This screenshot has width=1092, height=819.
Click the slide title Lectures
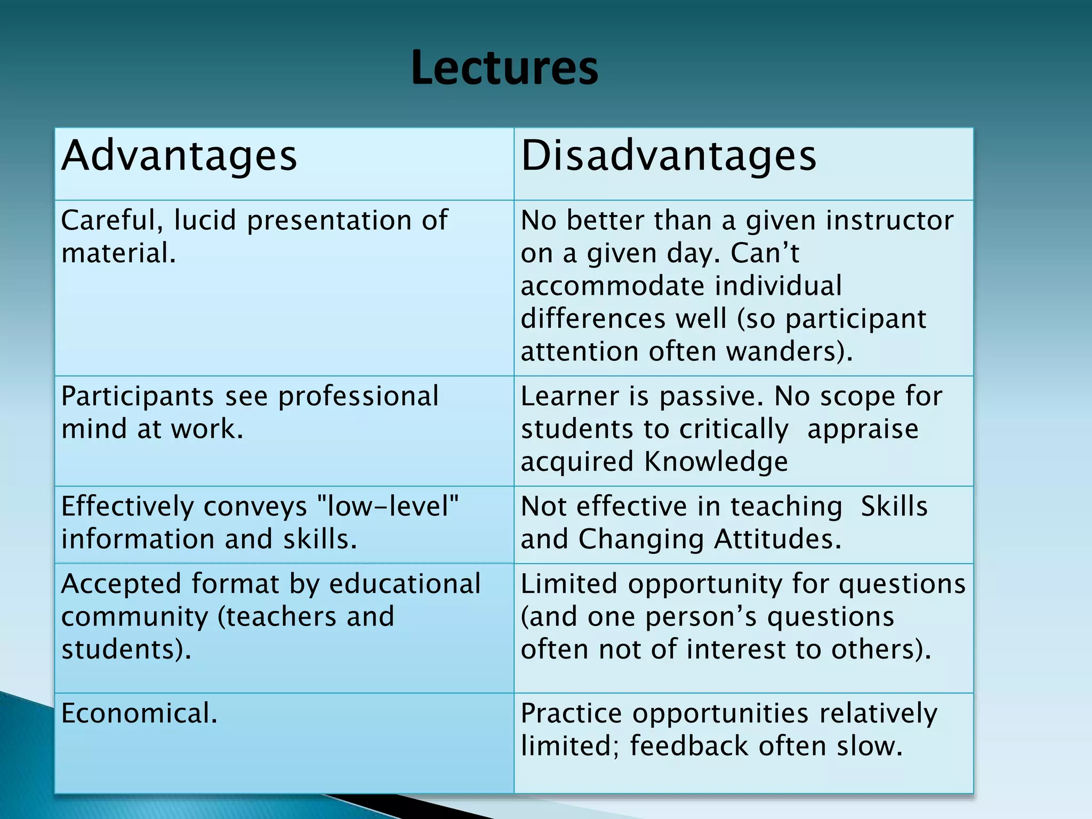(x=504, y=68)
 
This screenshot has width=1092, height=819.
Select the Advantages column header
(x=179, y=156)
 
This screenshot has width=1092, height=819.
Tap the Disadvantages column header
(x=668, y=156)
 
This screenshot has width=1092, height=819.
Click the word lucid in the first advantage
(x=205, y=220)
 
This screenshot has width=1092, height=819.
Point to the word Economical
(x=140, y=713)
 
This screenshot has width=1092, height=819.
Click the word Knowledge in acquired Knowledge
(x=716, y=462)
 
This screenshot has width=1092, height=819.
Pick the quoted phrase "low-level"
(x=388, y=506)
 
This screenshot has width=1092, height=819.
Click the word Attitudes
(x=777, y=539)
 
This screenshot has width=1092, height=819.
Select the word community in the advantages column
(x=134, y=617)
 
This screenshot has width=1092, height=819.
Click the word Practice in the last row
(x=571, y=713)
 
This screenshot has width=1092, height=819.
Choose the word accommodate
(x=612, y=286)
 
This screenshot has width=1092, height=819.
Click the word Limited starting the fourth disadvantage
(x=568, y=584)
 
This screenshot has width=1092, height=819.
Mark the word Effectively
(x=128, y=507)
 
